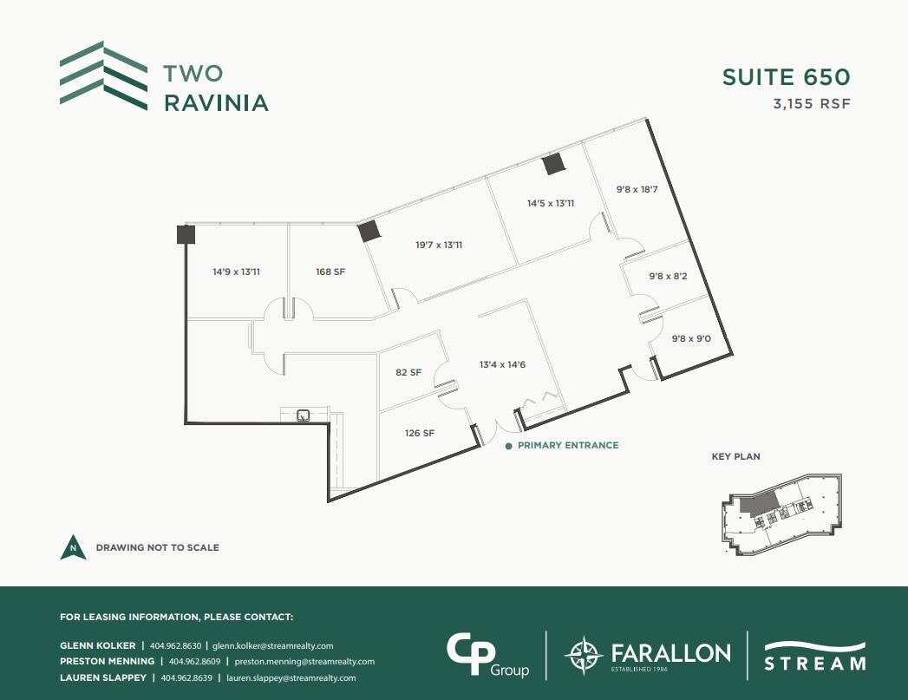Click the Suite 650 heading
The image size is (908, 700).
point(786,77)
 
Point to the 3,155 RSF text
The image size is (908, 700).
point(811,103)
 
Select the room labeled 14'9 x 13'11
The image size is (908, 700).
point(237,271)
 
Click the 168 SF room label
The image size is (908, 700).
point(330,271)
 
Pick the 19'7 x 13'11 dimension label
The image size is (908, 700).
point(439,245)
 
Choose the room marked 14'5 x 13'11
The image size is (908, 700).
point(551,203)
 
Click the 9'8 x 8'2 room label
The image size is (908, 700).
point(668,276)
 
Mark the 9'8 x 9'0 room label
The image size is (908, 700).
point(691,339)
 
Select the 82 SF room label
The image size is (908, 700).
point(408,372)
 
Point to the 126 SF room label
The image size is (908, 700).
point(419,433)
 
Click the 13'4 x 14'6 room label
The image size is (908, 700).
point(503,364)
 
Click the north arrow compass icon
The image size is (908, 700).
point(73,547)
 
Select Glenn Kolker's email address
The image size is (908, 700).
point(273,645)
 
